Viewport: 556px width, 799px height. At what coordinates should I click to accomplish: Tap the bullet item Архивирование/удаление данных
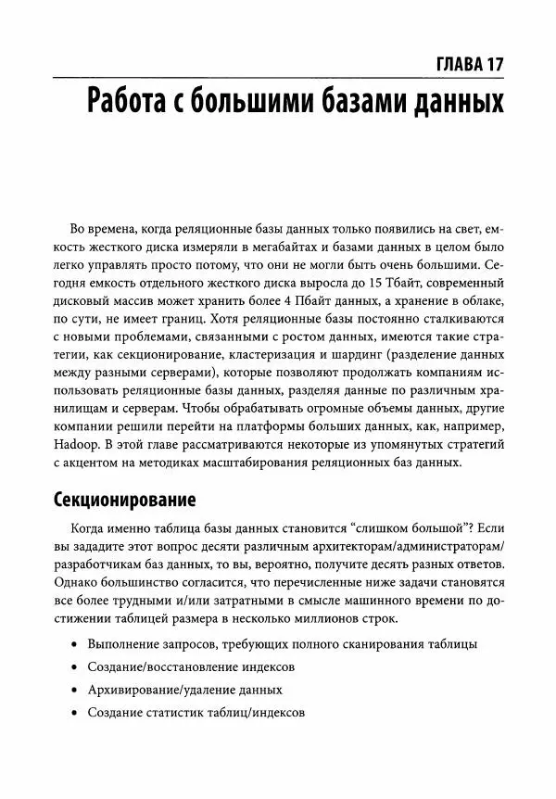tap(184, 691)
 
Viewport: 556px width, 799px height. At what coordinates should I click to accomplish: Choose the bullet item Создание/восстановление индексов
tap(191, 667)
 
